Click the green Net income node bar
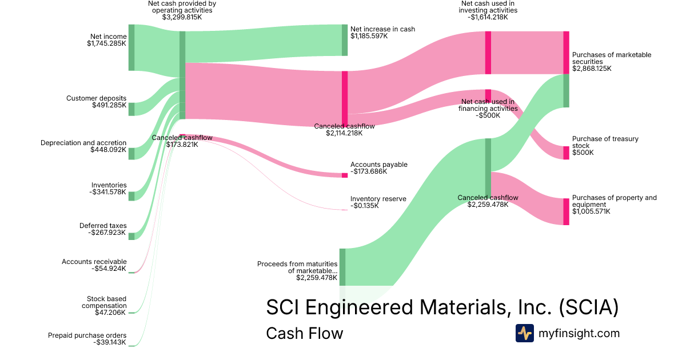(x=131, y=47)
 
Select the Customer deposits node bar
(x=131, y=109)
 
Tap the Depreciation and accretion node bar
(x=131, y=153)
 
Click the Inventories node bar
(x=131, y=196)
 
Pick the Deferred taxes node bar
(x=131, y=236)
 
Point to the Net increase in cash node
(x=345, y=40)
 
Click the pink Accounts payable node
(x=345, y=175)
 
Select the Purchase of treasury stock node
(x=566, y=153)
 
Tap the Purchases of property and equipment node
(x=566, y=211)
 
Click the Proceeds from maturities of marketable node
(x=342, y=267)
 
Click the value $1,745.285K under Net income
(x=107, y=43)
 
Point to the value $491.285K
(x=109, y=105)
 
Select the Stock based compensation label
(x=106, y=302)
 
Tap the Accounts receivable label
(x=94, y=262)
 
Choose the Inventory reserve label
(x=378, y=199)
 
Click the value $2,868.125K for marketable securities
(x=592, y=69)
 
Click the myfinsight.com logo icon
(x=524, y=333)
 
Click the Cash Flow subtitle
(x=305, y=333)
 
